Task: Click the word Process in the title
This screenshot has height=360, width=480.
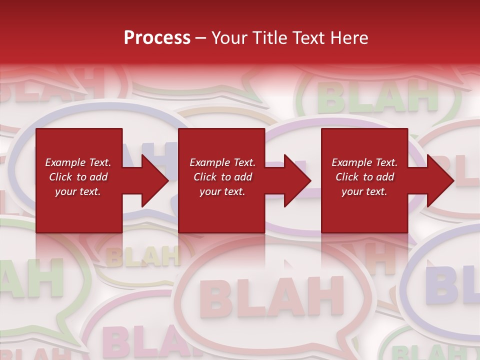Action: pos(157,37)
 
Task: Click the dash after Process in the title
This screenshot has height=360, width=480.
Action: pos(201,38)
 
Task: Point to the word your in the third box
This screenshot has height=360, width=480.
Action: pos(352,191)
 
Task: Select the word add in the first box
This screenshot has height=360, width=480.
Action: pos(98,177)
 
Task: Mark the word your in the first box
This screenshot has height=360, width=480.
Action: pos(65,191)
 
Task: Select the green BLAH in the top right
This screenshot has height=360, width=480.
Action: pos(377,97)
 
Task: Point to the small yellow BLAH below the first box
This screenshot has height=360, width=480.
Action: pos(142,256)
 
